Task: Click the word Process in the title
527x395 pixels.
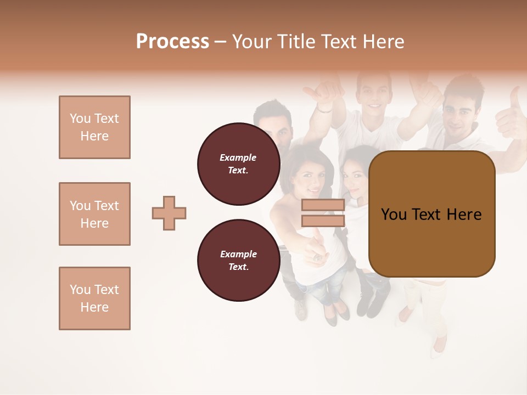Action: [x=172, y=41]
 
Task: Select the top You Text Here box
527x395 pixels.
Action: [x=94, y=127]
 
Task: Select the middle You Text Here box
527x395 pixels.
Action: [x=94, y=214]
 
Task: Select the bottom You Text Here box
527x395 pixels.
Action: [x=94, y=298]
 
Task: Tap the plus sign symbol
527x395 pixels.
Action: [x=169, y=213]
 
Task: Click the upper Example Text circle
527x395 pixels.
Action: [x=238, y=164]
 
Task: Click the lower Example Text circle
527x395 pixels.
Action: [x=238, y=261]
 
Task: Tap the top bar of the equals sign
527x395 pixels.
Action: [x=323, y=205]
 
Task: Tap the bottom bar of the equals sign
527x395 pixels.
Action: [x=323, y=221]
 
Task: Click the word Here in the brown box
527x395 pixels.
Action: [x=464, y=215]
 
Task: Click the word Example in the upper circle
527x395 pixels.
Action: [x=238, y=157]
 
